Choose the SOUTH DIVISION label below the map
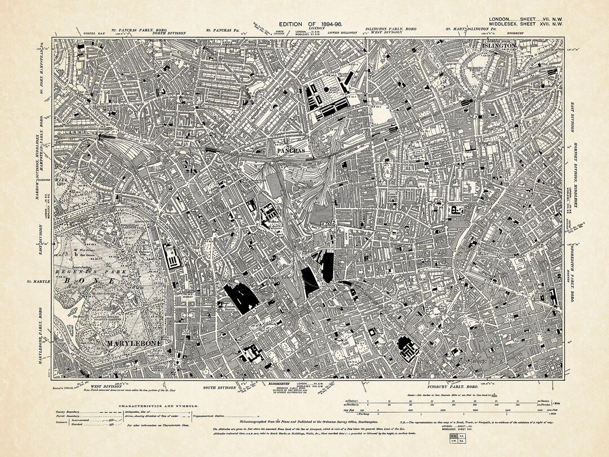point(219,388)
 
